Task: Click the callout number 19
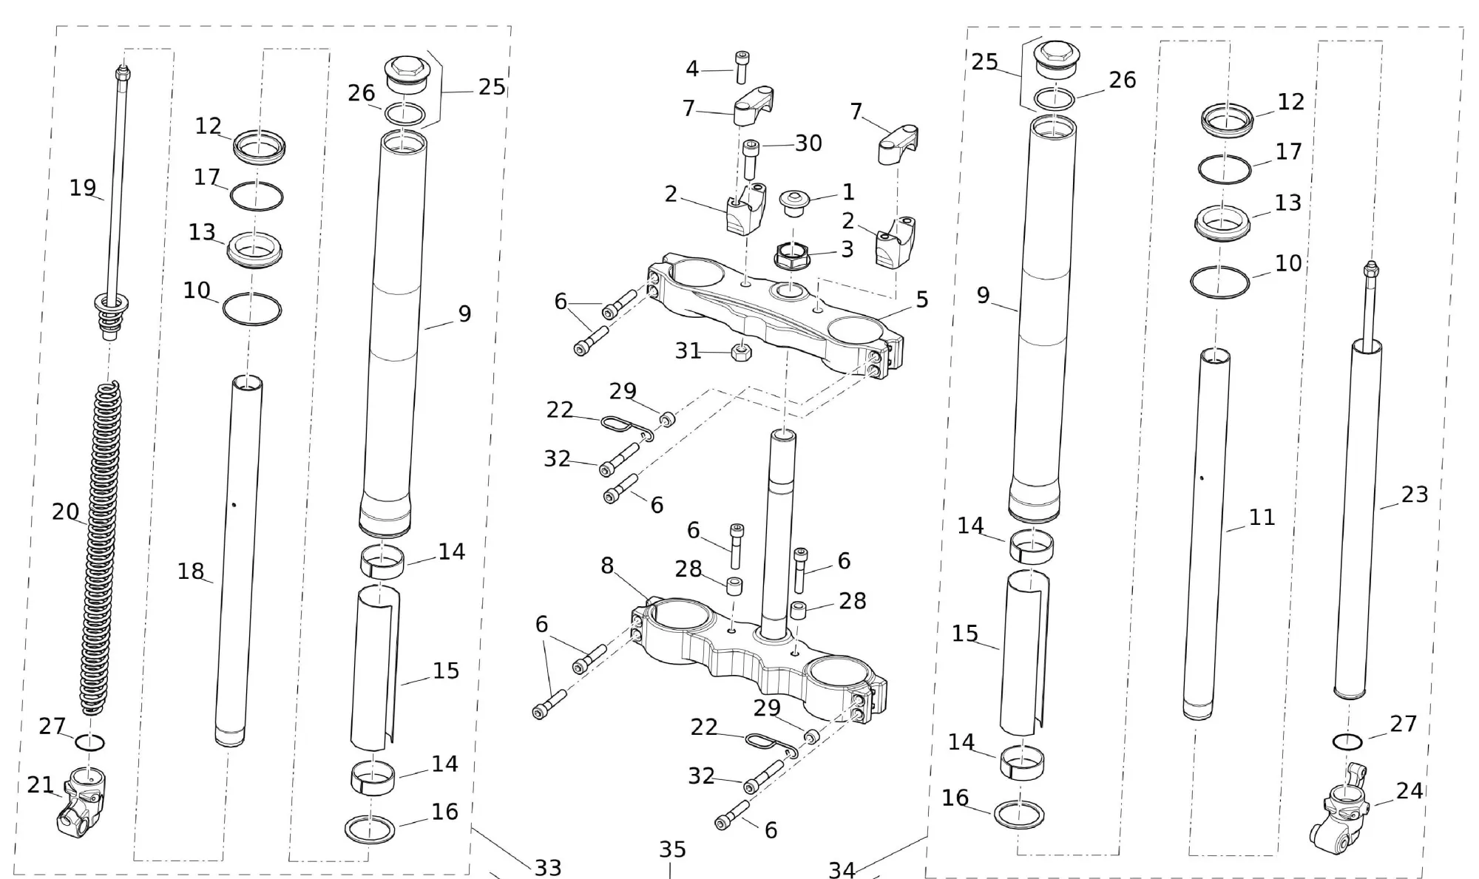click(83, 188)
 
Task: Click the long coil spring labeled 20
click(106, 547)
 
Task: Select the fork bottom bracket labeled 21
click(81, 798)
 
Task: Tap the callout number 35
click(672, 849)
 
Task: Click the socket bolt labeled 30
click(751, 158)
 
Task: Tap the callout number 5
click(921, 299)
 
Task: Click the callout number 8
click(607, 566)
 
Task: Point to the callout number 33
click(548, 867)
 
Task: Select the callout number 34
click(842, 870)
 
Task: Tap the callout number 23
click(1415, 494)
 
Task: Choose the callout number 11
click(1262, 517)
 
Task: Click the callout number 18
click(190, 571)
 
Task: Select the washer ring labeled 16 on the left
click(370, 829)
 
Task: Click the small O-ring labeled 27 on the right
click(1347, 741)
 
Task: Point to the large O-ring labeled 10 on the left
click(251, 309)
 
